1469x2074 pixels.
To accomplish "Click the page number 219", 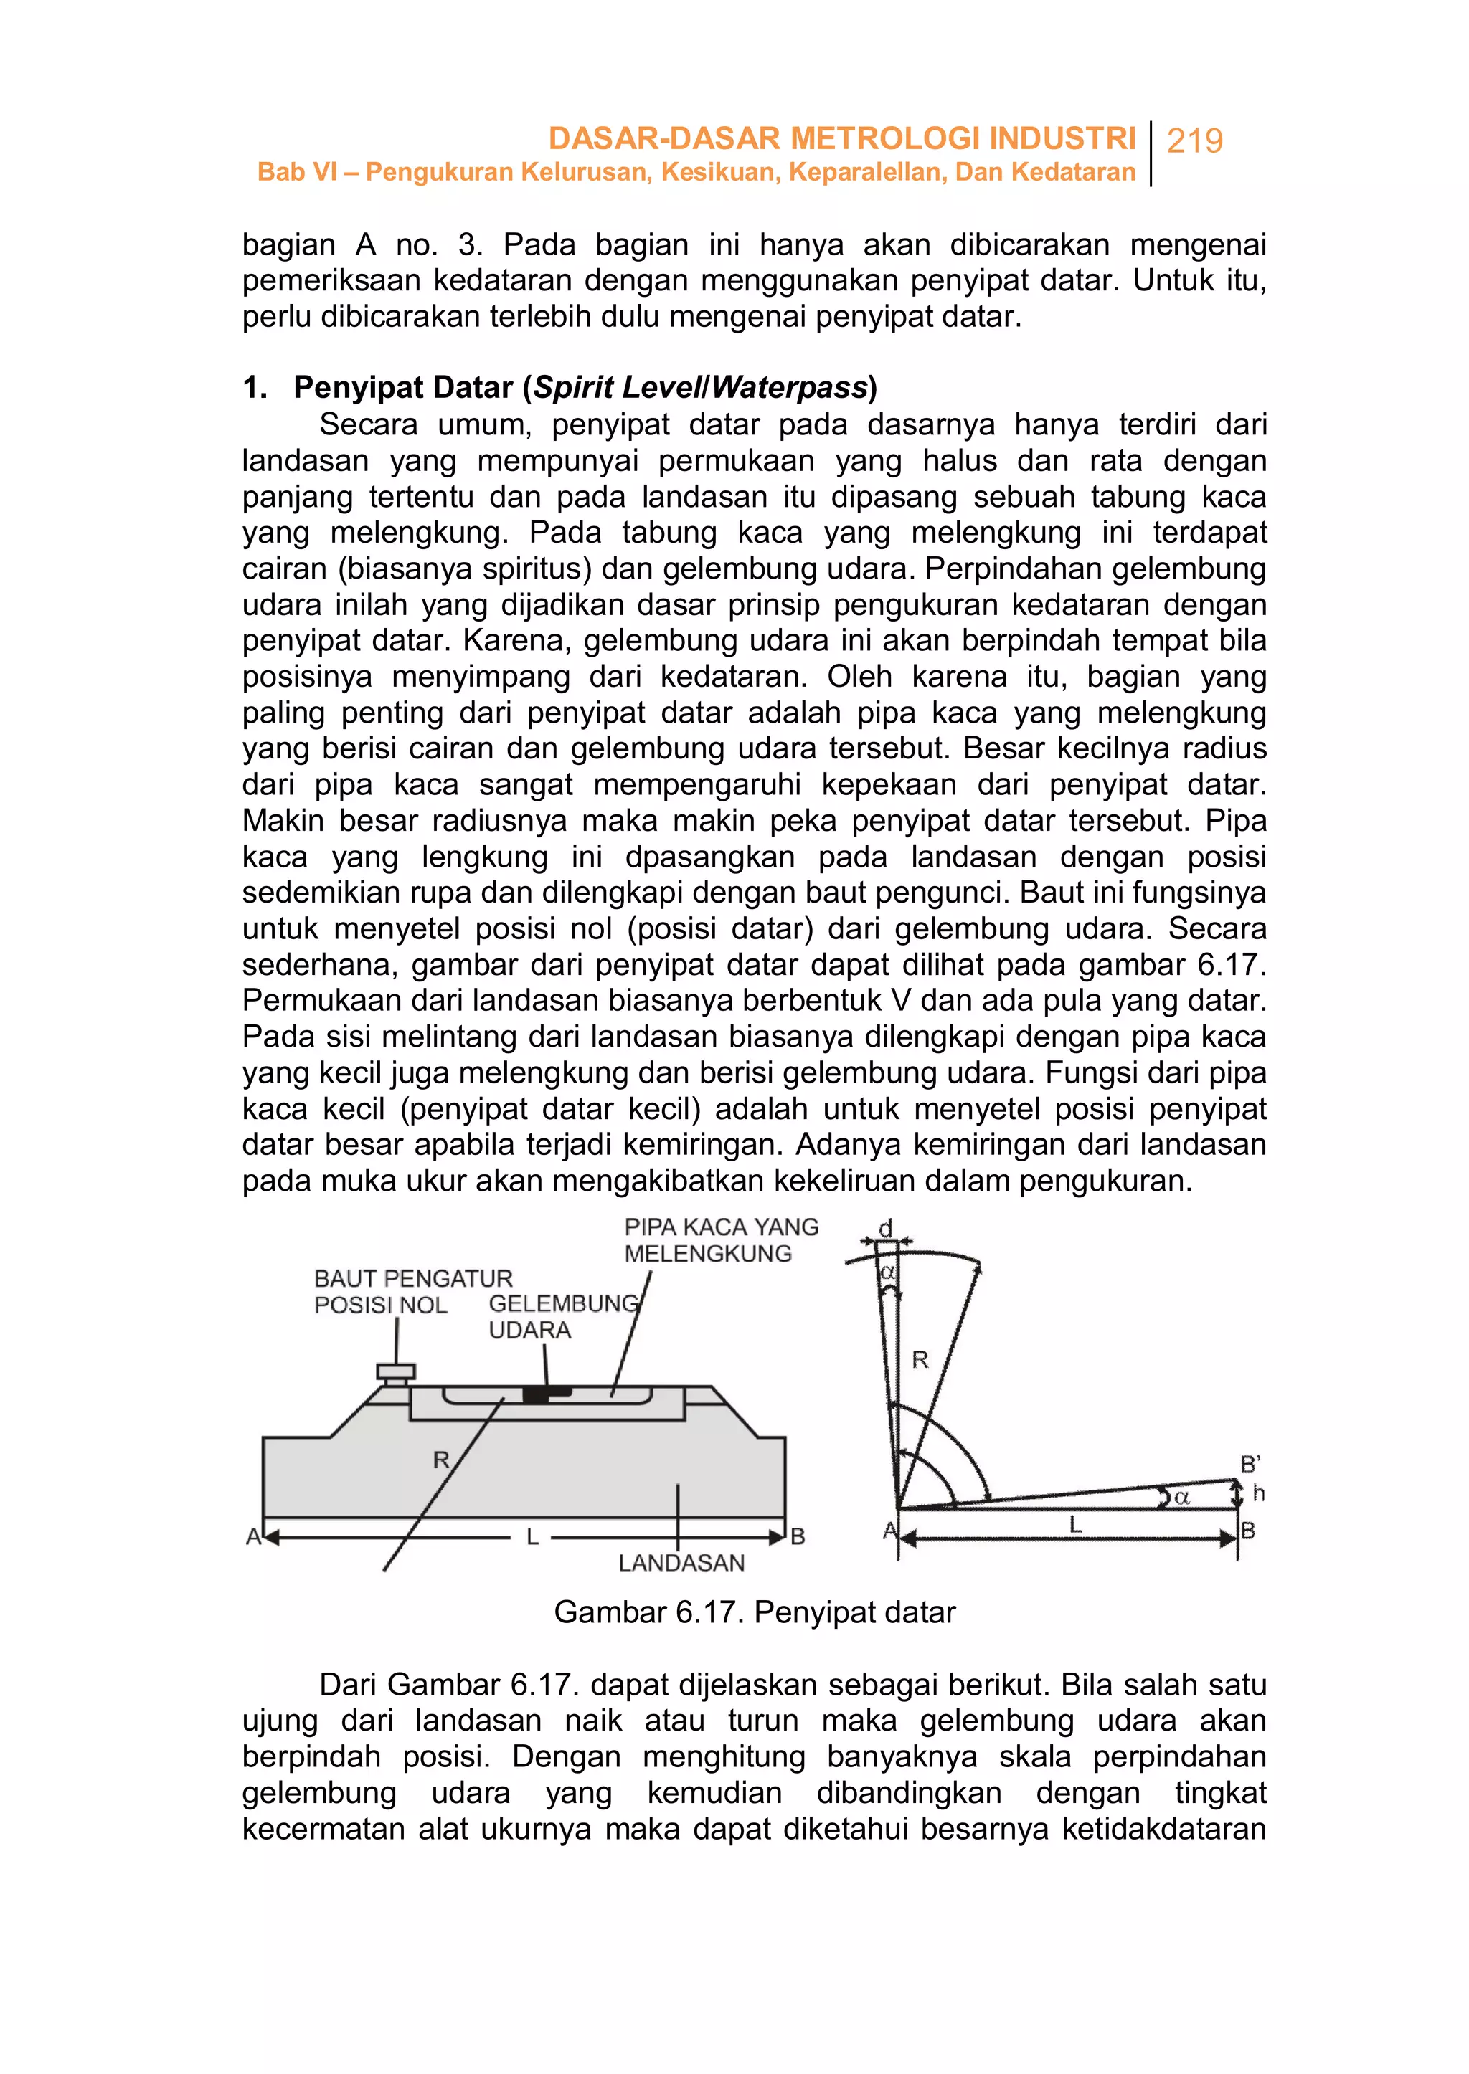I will click(1194, 141).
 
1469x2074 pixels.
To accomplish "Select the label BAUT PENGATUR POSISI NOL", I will click(412, 1291).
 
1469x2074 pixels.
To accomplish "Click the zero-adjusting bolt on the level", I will click(395, 1374).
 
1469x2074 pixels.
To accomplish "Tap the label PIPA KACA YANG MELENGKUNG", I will click(720, 1240).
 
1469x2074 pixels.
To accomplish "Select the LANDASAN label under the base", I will click(681, 1563).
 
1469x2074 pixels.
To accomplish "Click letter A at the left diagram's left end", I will click(253, 1536).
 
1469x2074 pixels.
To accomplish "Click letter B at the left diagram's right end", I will click(797, 1536).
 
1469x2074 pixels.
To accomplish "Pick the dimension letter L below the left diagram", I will click(532, 1537).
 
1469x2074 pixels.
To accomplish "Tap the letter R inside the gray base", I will click(440, 1459).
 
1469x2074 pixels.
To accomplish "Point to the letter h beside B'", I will click(1258, 1493).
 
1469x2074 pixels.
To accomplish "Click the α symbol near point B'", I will click(1182, 1498).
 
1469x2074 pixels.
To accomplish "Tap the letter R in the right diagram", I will click(920, 1360).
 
